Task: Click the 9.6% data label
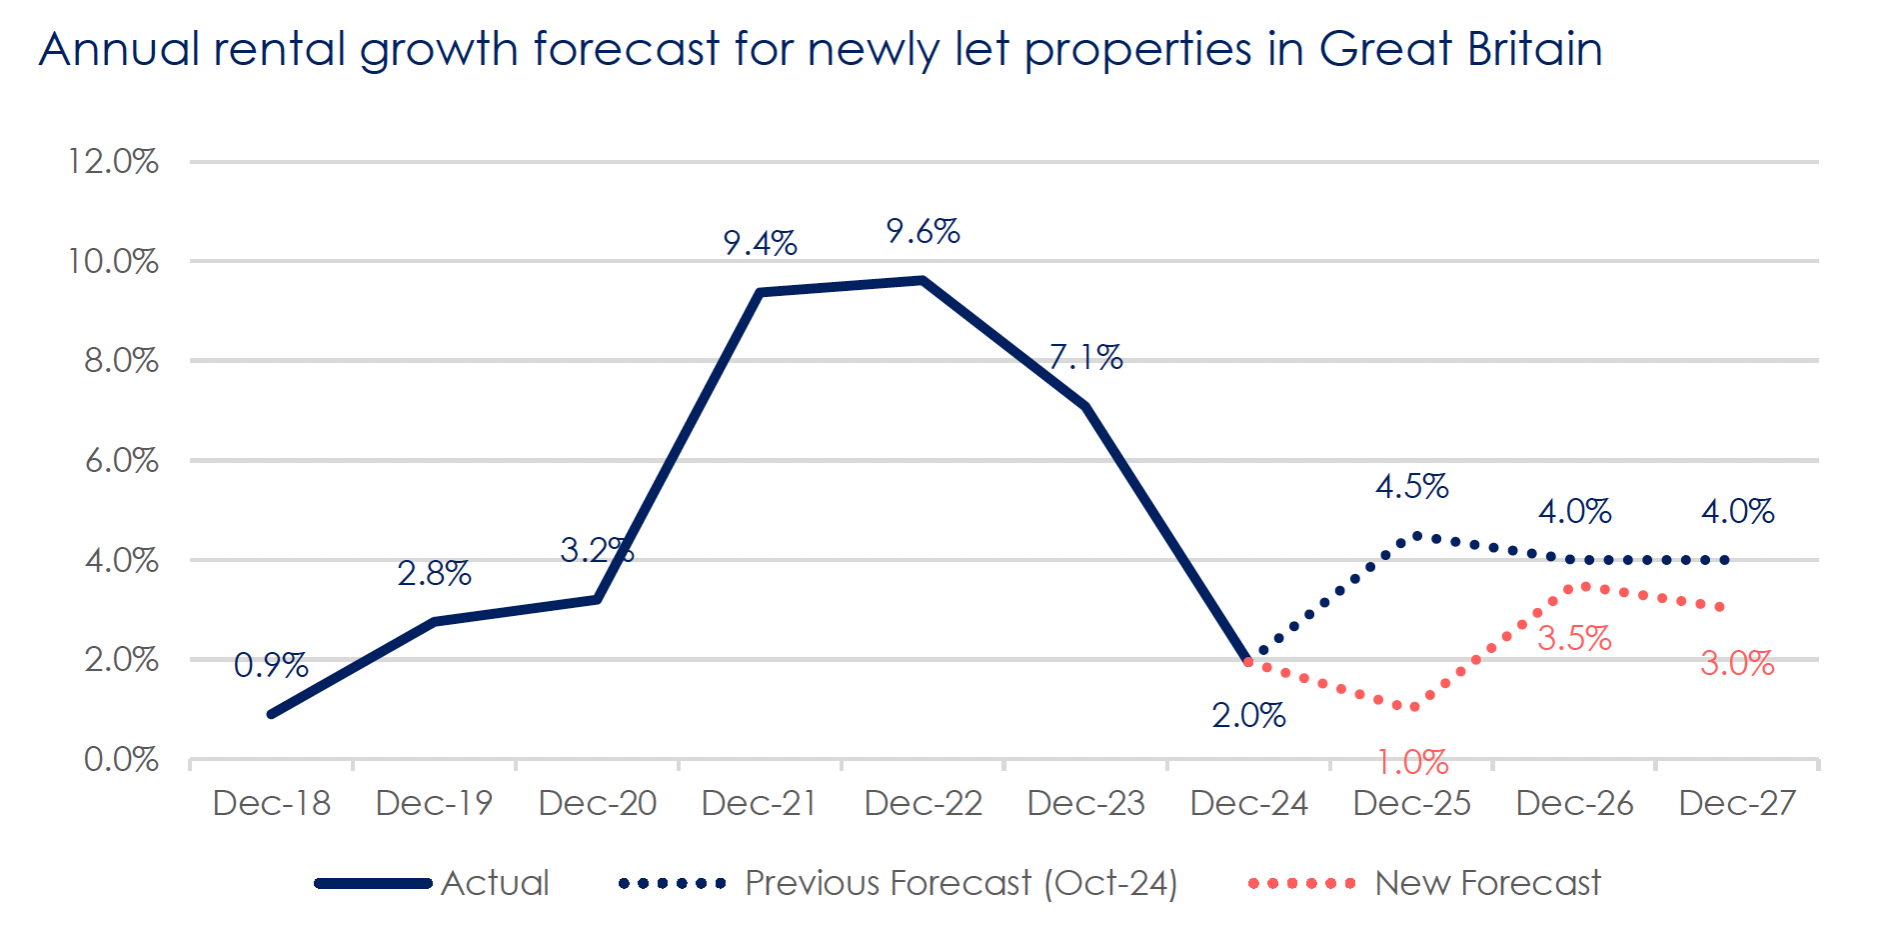tap(923, 232)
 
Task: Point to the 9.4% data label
tap(760, 243)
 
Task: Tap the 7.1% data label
tap(1085, 357)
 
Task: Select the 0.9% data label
tap(271, 665)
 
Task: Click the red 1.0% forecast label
tap(1412, 763)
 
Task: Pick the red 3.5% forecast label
tap(1574, 638)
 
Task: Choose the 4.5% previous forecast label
tap(1411, 487)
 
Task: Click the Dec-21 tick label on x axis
tap(760, 803)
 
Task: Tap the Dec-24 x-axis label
tap(1248, 803)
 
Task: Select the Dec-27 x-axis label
tap(1737, 803)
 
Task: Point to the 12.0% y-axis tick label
tap(113, 161)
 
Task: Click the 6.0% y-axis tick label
tap(121, 460)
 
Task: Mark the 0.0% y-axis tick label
tap(121, 759)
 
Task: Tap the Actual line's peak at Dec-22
tap(923, 280)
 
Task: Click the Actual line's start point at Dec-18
tap(272, 714)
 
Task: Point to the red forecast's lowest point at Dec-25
tap(1413, 707)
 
